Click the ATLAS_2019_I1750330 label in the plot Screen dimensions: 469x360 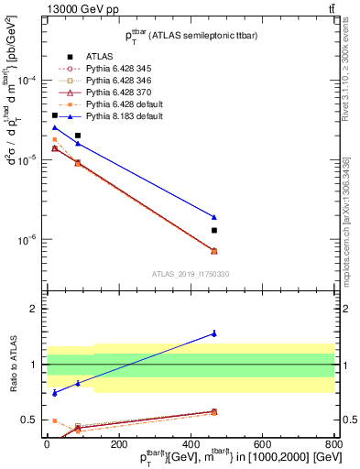point(191,273)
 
